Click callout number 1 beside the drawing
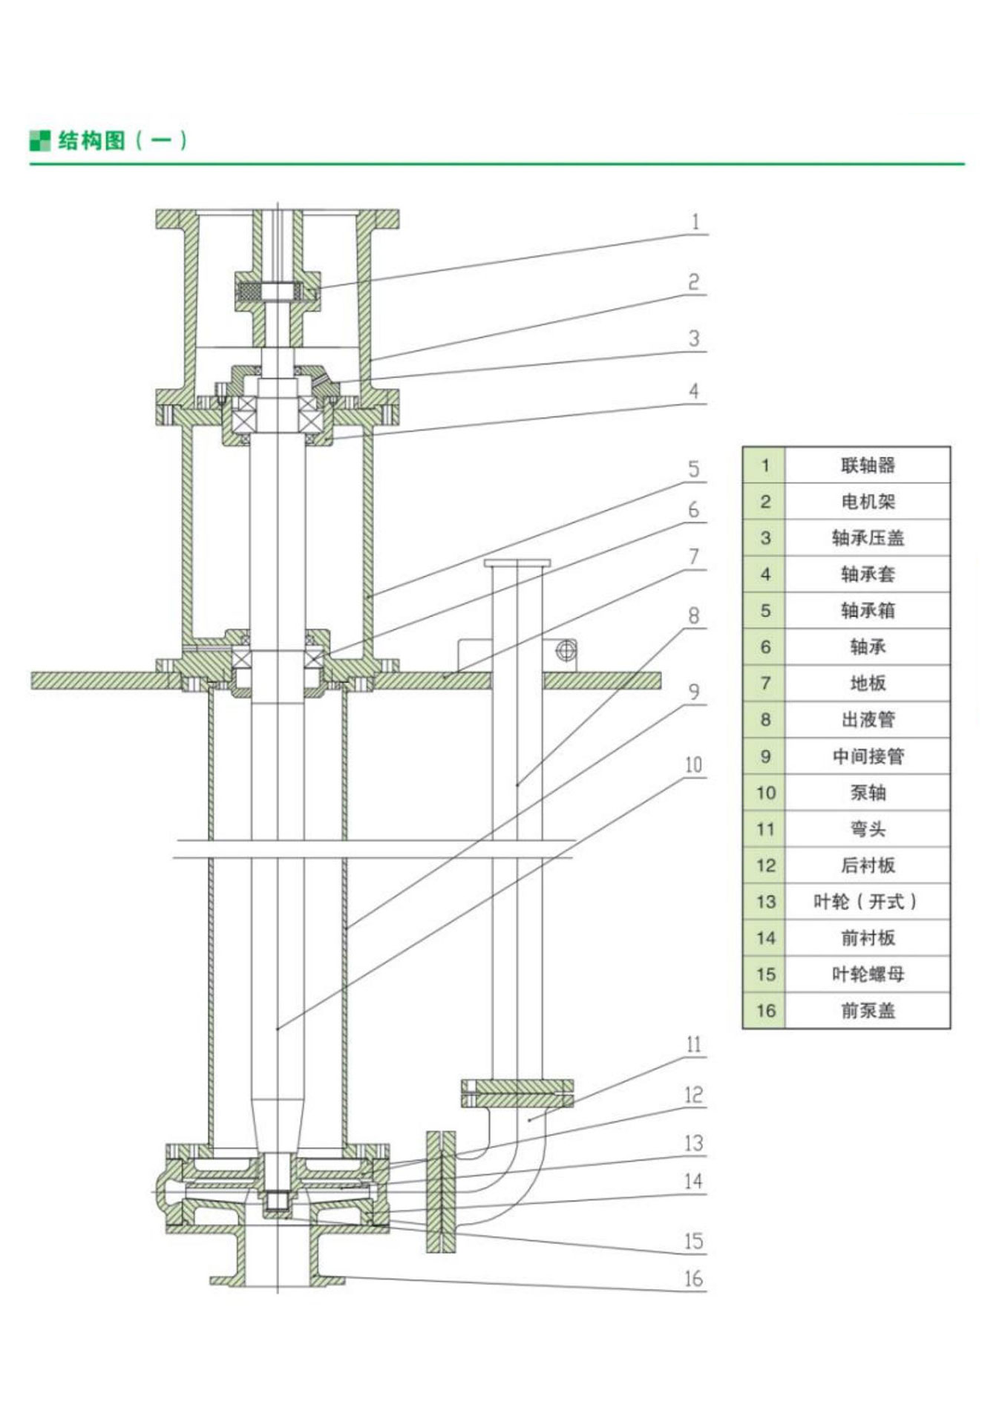point(695,222)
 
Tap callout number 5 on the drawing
point(693,469)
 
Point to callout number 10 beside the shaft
point(693,765)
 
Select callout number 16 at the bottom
point(693,1279)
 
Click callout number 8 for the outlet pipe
point(693,616)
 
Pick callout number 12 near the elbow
point(693,1095)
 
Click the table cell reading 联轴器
point(867,465)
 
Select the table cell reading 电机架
point(867,502)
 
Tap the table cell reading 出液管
point(867,719)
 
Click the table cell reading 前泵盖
point(867,1010)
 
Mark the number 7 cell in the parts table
point(765,684)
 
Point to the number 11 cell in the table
point(765,829)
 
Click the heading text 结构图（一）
point(122,140)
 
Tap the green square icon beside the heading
point(39,140)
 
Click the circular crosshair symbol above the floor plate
point(566,651)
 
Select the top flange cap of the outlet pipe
point(517,563)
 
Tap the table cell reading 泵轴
point(867,793)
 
